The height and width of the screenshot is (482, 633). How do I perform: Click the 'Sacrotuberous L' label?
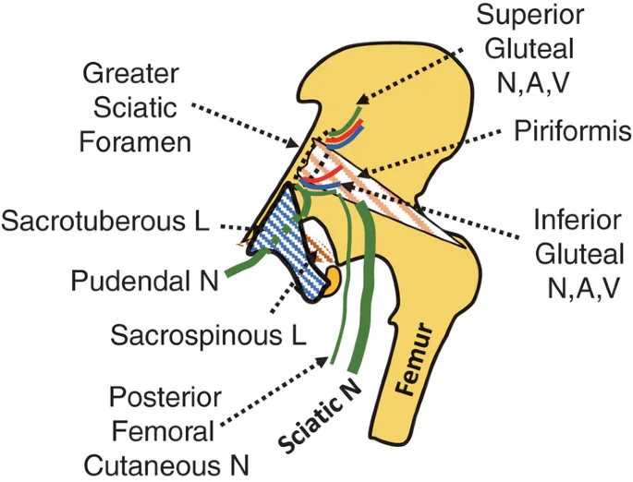coord(106,222)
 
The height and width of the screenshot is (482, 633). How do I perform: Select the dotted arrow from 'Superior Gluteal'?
coord(416,64)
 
